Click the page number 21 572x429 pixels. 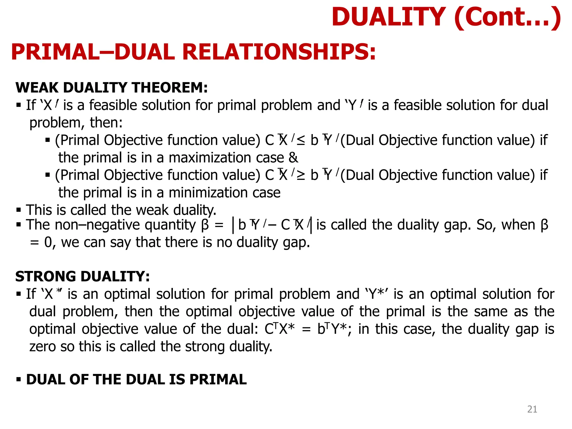(x=532, y=409)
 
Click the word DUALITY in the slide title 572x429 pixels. (x=389, y=17)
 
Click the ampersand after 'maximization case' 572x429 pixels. (x=293, y=158)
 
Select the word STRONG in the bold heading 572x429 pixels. (x=46, y=277)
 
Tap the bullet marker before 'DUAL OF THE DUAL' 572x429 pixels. (x=19, y=380)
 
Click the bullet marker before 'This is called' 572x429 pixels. (x=19, y=210)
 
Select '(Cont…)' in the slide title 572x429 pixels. (x=507, y=17)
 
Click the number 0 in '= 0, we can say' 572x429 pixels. (x=48, y=242)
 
